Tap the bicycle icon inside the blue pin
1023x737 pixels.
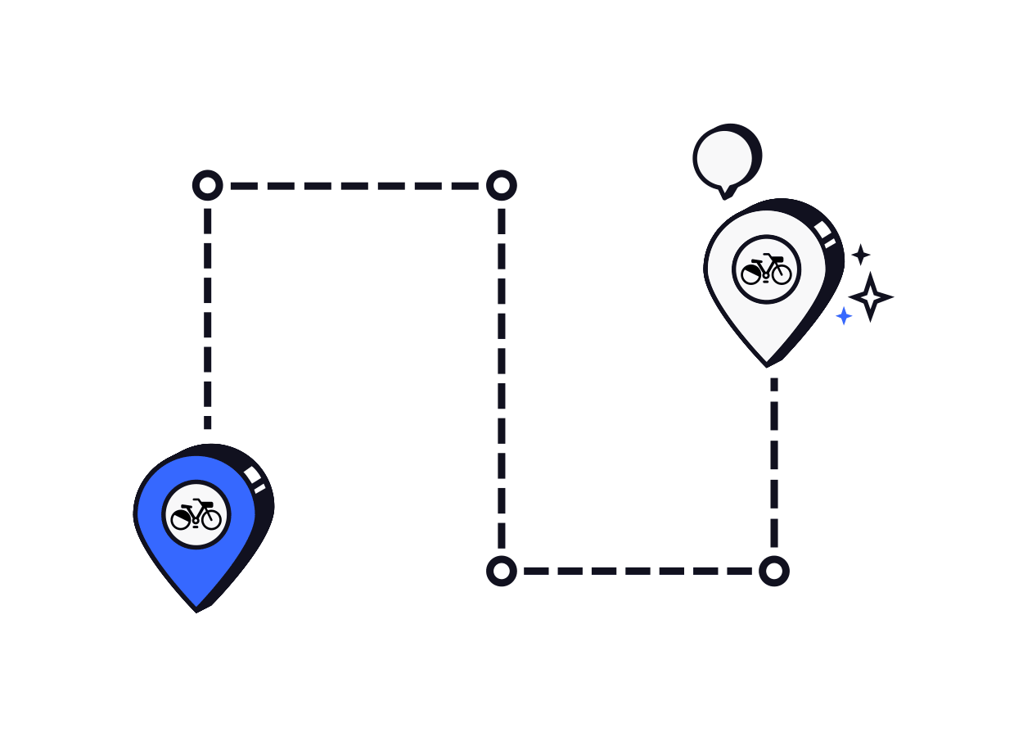196,515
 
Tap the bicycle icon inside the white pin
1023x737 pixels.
767,269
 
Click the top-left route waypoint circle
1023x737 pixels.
208,186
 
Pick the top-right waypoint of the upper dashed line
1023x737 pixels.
502,186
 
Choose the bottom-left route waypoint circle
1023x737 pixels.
502,571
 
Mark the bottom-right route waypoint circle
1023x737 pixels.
774,571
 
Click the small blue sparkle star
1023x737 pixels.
844,316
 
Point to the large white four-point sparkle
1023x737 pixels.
870,296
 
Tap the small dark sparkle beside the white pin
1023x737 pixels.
861,255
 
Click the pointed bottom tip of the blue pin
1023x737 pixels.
196,608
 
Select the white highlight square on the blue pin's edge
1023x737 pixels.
252,475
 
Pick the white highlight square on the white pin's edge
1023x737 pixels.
822,230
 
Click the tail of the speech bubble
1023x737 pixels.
724,193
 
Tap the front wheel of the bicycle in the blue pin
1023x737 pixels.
211,519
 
